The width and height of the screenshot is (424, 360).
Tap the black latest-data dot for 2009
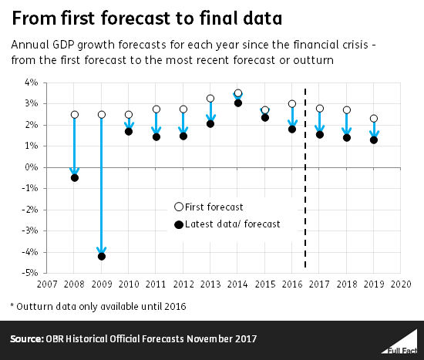[102, 256]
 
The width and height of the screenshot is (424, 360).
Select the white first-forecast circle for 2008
[75, 115]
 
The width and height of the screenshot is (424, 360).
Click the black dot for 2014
[238, 103]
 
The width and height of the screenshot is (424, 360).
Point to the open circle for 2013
[210, 99]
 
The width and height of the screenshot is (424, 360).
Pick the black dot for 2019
[374, 140]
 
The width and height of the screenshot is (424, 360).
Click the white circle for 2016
[292, 104]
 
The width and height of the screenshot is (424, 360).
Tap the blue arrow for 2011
[156, 123]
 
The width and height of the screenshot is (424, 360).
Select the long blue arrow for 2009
[102, 185]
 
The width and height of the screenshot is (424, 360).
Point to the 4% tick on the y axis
[32, 82]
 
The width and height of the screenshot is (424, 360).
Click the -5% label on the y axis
[30, 273]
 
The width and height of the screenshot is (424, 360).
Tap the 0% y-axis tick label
[32, 167]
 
